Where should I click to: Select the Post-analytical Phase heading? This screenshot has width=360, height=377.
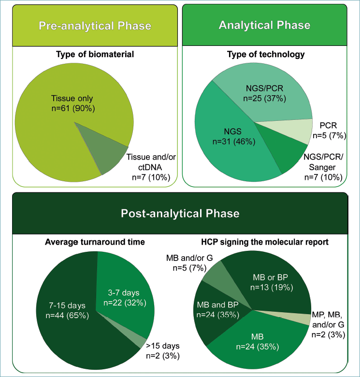[x=180, y=213]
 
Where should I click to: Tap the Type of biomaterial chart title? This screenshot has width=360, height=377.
[x=94, y=54]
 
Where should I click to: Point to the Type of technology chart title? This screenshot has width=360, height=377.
[x=266, y=54]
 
